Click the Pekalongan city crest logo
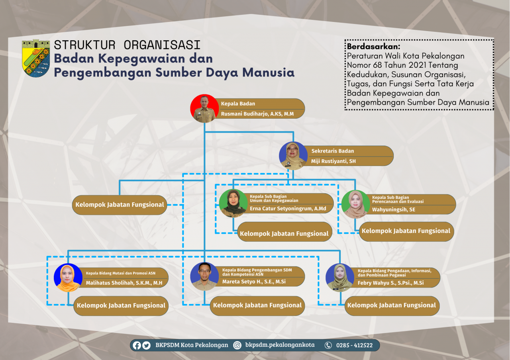(x=36, y=58)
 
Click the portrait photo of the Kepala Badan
(x=204, y=109)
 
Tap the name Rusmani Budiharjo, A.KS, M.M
(x=257, y=114)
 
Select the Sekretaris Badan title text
(x=332, y=151)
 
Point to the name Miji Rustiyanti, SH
(x=333, y=161)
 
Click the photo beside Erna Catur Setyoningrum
(x=233, y=203)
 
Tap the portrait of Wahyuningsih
(x=355, y=204)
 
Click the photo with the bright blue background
(x=68, y=278)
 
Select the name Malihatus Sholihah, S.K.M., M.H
(x=124, y=283)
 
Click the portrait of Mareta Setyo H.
(x=204, y=276)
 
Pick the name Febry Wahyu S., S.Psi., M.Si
(x=391, y=283)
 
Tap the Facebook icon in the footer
(x=137, y=345)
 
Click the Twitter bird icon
(x=146, y=345)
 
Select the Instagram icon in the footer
(x=237, y=345)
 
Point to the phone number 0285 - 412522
(x=354, y=345)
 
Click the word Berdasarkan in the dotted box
(x=373, y=47)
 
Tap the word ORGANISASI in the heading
(x=162, y=45)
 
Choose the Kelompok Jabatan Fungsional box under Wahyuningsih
(x=406, y=231)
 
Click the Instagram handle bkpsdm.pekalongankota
(x=280, y=345)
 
